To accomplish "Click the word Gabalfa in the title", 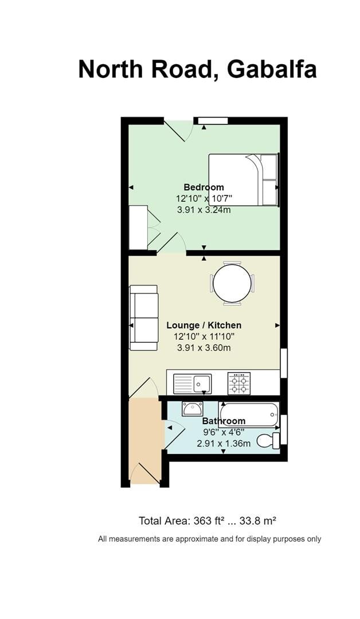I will tap(272, 70).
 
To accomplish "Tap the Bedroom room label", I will tap(204, 187).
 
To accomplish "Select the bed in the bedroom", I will tap(244, 179).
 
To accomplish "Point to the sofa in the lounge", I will tap(144, 318).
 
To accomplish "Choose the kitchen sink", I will tap(192, 383).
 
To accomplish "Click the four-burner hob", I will tap(239, 383).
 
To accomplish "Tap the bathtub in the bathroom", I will tap(249, 414).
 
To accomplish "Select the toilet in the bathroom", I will tap(268, 440).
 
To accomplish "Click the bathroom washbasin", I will tap(192, 409).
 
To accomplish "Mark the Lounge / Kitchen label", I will tap(204, 325).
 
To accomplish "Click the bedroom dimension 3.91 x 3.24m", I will tap(204, 210).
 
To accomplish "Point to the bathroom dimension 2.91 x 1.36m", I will tap(224, 443).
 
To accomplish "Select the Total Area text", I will tap(208, 521).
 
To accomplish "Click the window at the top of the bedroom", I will tap(212, 120).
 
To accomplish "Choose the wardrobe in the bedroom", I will tap(138, 228).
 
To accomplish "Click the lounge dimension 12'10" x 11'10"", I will tap(204, 336).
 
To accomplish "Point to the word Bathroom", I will tap(224, 421).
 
